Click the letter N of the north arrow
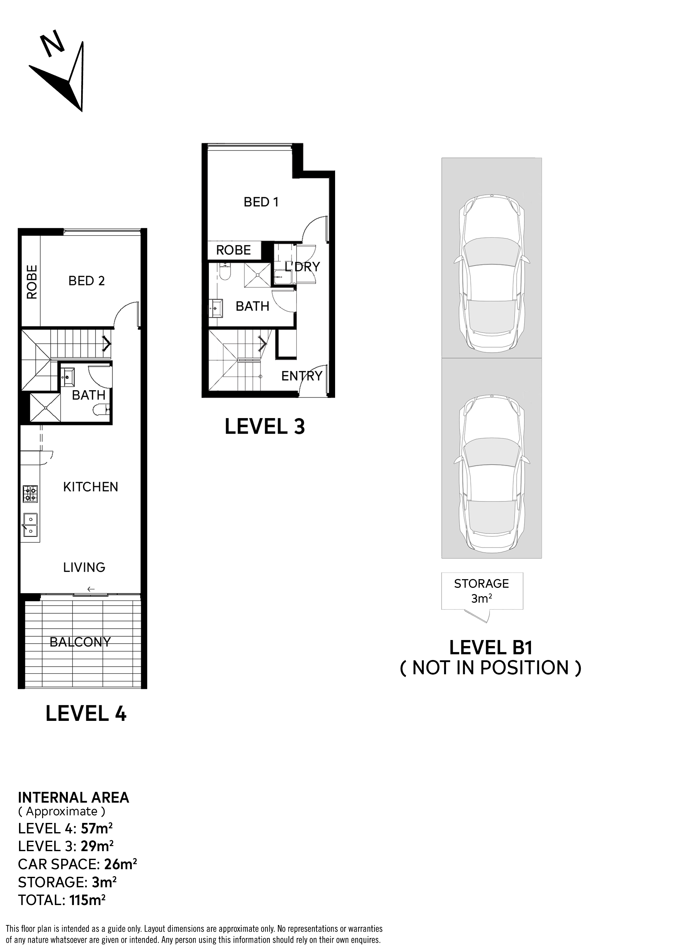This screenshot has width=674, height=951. coord(52,45)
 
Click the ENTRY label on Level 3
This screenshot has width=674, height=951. coord(302,376)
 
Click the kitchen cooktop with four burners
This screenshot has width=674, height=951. coord(30,494)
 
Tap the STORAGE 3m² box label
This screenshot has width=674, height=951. coord(482,591)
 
